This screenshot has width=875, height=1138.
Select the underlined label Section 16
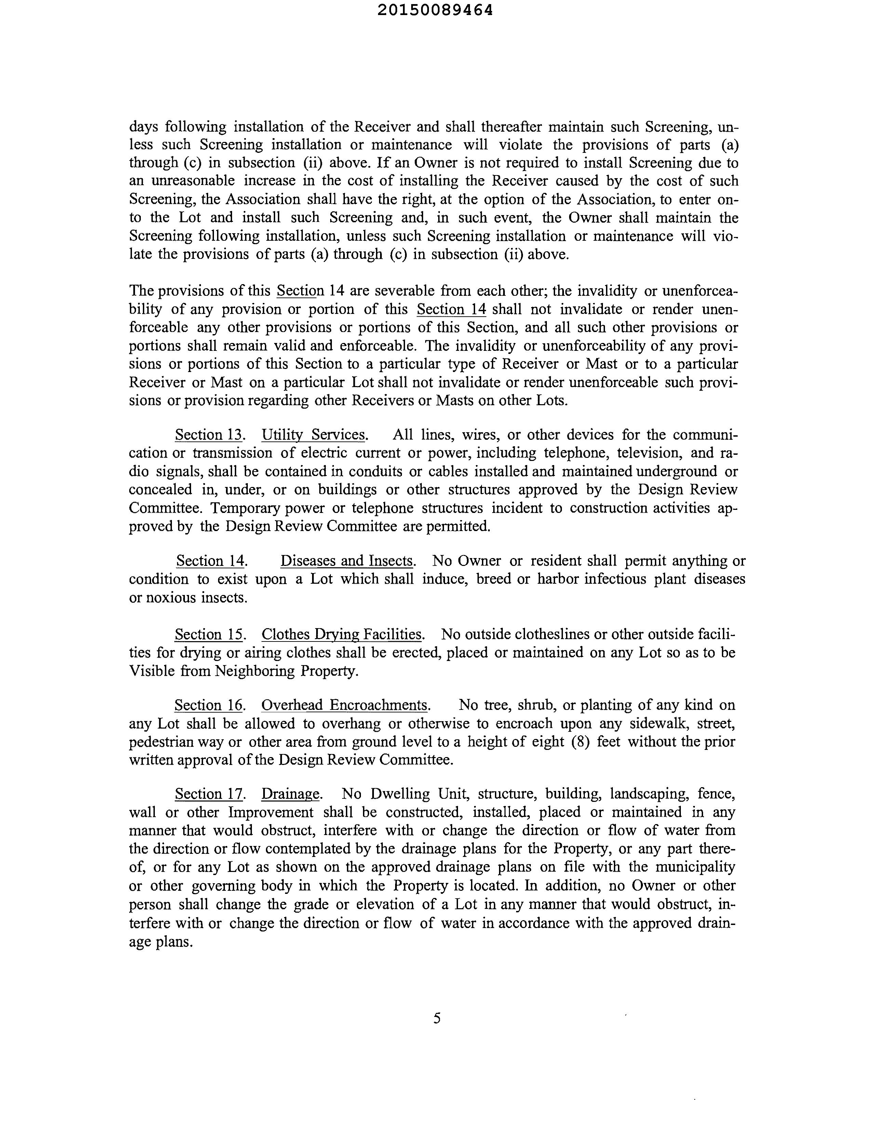208,705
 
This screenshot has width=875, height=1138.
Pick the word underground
677,471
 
